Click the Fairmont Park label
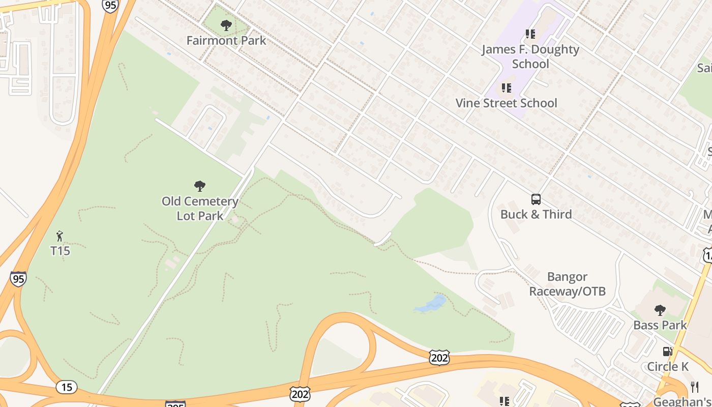coord(226,41)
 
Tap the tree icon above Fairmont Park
coord(226,25)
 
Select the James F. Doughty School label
coord(530,56)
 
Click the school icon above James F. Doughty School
coord(530,34)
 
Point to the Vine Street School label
coord(506,103)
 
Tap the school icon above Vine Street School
coord(506,88)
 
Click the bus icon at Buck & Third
coord(536,199)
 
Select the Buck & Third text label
coord(536,214)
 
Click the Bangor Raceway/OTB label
coord(568,284)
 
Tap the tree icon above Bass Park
coord(660,309)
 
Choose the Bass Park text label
coord(660,325)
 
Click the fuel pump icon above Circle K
coord(667,351)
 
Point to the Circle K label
coord(667,366)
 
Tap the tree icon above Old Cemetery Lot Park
coord(200,186)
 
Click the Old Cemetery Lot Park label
coord(200,209)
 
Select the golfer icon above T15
coord(60,236)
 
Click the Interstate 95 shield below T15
coord(18,279)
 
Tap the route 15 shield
coord(66,387)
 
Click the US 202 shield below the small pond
coord(439,358)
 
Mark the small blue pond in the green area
coord(431,305)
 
